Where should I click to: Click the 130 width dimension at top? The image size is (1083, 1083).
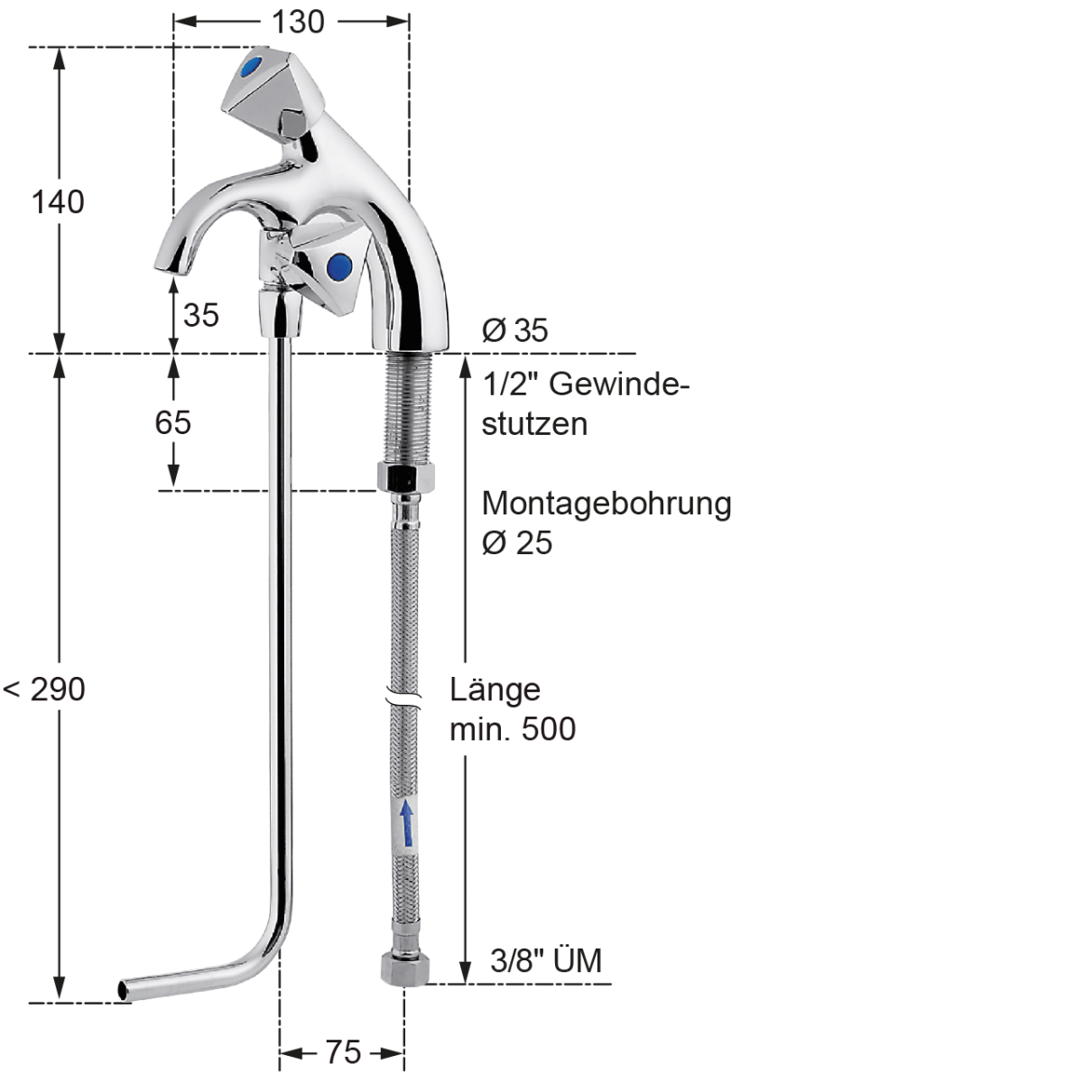click(x=298, y=21)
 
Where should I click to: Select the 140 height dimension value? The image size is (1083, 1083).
click(x=59, y=201)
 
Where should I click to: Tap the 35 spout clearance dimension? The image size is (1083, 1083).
click(x=201, y=315)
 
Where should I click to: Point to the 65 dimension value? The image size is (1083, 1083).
click(x=173, y=422)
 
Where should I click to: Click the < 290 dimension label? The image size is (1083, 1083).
click(x=45, y=690)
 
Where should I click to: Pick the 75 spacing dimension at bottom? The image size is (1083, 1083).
click(x=343, y=1052)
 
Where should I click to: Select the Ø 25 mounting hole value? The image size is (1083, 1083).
click(x=517, y=542)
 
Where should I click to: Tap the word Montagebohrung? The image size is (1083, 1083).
click(x=606, y=503)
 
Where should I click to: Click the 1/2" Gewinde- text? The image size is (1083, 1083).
click(x=586, y=384)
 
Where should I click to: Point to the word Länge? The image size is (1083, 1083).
click(x=495, y=690)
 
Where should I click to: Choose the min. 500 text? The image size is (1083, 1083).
click(x=513, y=729)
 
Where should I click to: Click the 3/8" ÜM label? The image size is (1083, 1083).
click(x=546, y=960)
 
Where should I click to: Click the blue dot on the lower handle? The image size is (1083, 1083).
click(x=339, y=265)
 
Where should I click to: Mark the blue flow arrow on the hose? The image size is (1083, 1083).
click(x=408, y=821)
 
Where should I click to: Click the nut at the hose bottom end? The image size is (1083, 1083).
click(x=403, y=967)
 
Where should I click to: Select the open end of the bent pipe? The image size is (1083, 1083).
click(x=124, y=989)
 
